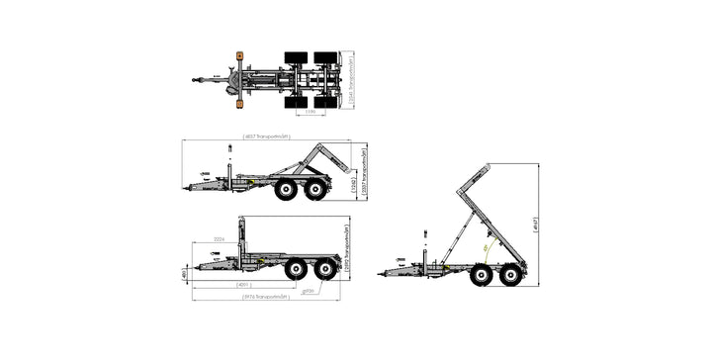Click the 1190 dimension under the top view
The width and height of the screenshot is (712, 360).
pyautogui.click(x=310, y=112)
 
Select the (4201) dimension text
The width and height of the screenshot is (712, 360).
pyautogui.click(x=242, y=285)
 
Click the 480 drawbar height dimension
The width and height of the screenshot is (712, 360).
pyautogui.click(x=184, y=272)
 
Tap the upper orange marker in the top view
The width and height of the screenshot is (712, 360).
pyautogui.click(x=239, y=55)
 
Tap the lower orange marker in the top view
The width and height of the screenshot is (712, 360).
pyautogui.click(x=239, y=102)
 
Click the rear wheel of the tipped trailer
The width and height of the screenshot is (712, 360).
pyautogui.click(x=511, y=274)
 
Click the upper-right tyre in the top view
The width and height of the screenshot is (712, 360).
pyautogui.click(x=325, y=57)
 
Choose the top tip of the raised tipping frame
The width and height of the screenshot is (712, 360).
pyautogui.click(x=487, y=165)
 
